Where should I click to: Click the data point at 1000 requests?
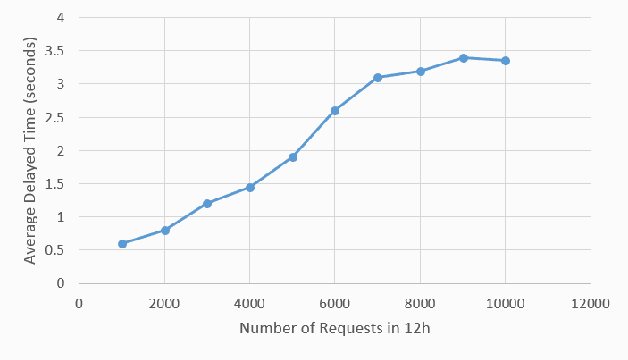point(122,244)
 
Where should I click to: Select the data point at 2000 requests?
point(165,230)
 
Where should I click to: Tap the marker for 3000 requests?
point(207,203)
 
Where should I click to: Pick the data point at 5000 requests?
point(293,157)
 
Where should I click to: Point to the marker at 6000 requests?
point(335,110)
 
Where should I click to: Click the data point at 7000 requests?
point(378,77)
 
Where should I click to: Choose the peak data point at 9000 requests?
point(463,58)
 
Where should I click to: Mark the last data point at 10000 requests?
point(506,61)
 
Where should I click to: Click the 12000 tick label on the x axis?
point(590,301)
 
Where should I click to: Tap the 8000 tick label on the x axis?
point(420,301)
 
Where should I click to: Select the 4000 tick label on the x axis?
point(250,301)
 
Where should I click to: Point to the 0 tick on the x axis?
point(79,301)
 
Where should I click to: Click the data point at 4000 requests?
point(250,187)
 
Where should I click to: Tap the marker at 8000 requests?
point(421,71)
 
